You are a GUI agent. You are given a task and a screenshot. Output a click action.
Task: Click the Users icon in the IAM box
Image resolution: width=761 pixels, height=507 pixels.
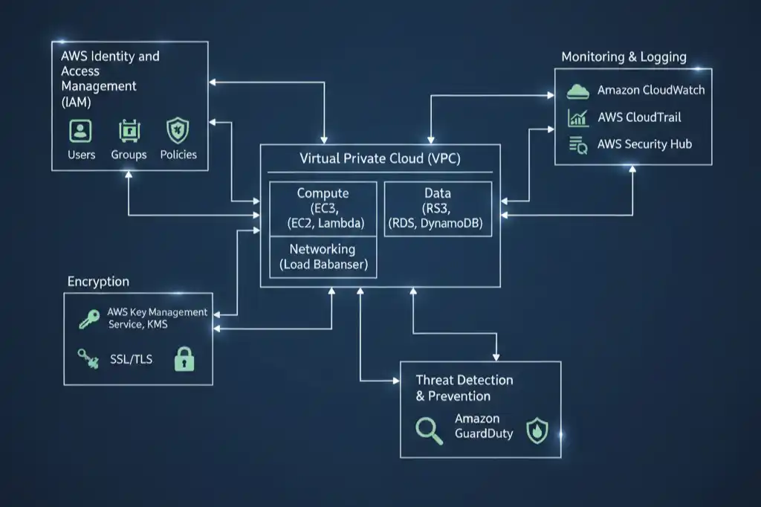coord(80,131)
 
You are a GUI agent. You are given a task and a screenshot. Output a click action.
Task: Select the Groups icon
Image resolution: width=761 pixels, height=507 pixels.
coord(129,131)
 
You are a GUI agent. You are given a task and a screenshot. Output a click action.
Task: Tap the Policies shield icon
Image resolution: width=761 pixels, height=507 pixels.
coord(178,130)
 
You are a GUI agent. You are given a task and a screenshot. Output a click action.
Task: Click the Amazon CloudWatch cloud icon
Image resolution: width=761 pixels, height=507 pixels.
coord(577,91)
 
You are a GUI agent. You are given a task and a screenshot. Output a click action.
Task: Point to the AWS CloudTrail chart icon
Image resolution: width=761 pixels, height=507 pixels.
coord(577,117)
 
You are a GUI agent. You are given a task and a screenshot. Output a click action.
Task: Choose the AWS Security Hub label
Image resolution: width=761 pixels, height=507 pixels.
coord(644,144)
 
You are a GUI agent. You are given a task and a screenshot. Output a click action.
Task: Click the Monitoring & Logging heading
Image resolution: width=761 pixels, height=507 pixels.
coord(624,57)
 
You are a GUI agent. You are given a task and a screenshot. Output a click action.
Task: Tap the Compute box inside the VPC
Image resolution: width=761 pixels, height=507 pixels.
coord(323,209)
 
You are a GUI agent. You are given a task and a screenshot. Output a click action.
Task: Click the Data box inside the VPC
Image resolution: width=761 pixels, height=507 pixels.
coord(438,209)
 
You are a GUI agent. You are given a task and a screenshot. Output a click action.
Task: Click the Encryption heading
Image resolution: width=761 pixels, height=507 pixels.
coord(98,282)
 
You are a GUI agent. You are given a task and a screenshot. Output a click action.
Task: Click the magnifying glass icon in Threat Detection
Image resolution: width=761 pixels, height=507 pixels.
coord(428,430)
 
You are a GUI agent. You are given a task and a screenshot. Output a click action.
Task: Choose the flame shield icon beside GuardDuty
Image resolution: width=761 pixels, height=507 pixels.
coord(537,430)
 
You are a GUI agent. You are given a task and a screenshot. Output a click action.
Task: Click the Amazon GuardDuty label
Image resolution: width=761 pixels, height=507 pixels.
coord(484,426)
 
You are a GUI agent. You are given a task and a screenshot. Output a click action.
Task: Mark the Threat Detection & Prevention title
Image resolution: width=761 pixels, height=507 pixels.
coord(464,388)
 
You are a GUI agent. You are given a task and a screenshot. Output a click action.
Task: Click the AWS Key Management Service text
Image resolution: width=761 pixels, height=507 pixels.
coord(158,319)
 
